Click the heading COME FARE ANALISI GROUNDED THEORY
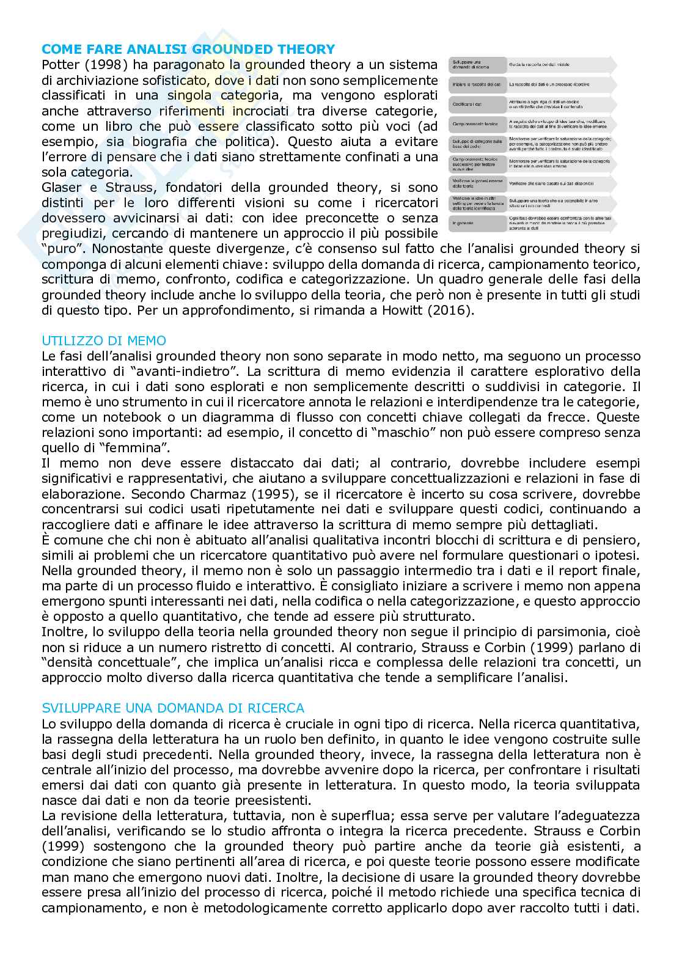tap(188, 50)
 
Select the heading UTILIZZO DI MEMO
tap(103, 340)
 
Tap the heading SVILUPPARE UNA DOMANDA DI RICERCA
tap(173, 708)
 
